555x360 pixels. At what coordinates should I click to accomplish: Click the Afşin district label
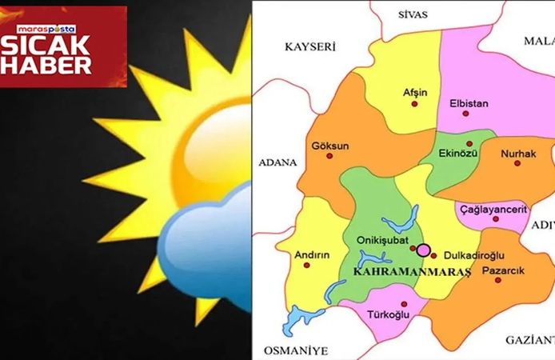coord(414,92)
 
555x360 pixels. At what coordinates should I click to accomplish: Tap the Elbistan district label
coord(470,103)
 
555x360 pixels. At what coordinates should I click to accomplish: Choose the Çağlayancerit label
coord(492,209)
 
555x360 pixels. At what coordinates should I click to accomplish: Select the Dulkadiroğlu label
coord(473,255)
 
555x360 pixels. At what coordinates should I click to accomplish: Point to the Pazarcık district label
coord(504,271)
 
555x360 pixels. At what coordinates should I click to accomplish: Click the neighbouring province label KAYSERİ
coord(309,47)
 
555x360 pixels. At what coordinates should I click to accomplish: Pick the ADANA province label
coord(277,162)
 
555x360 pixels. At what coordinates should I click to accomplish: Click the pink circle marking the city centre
coord(423,250)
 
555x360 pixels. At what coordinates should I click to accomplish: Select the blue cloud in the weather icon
coord(205,252)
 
